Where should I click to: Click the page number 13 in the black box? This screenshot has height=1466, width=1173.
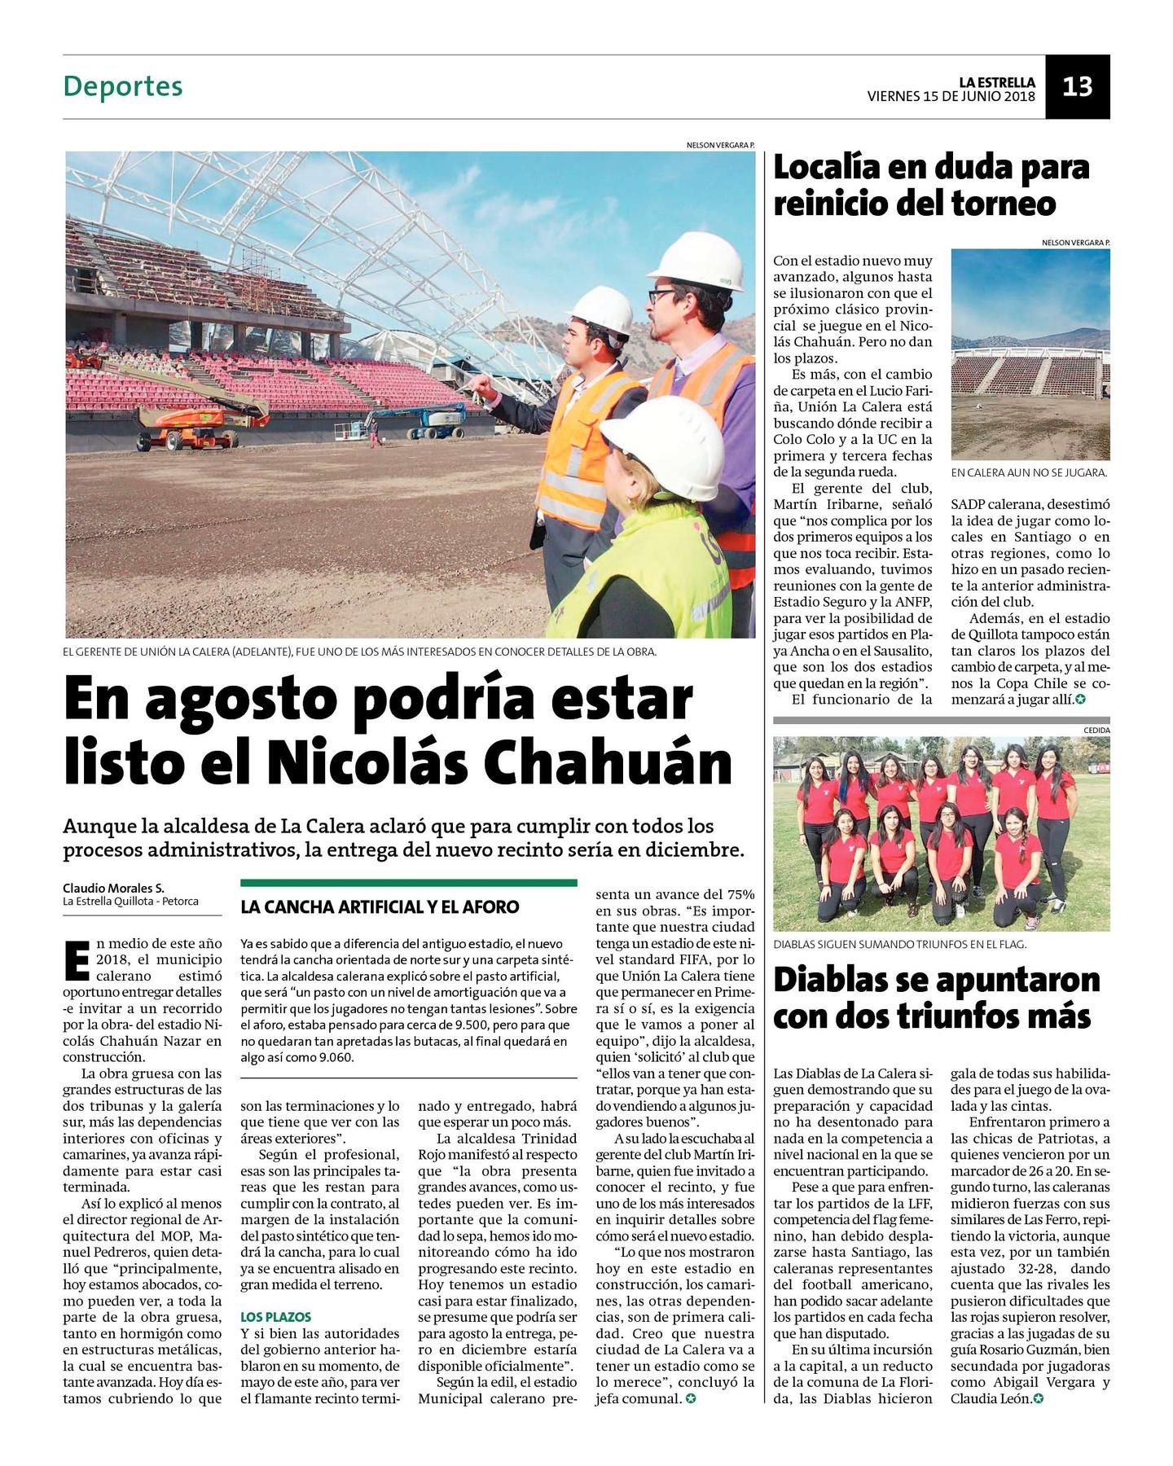[x=1077, y=86]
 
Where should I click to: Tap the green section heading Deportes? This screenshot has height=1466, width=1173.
[x=123, y=86]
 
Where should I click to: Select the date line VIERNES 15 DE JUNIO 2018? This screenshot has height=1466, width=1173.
[x=951, y=96]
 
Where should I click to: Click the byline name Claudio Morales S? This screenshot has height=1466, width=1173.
[x=113, y=888]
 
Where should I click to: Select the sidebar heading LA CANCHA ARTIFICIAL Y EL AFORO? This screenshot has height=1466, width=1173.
[x=380, y=906]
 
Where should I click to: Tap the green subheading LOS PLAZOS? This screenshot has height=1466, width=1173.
[x=275, y=1316]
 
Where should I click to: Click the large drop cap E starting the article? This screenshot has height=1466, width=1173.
[x=76, y=960]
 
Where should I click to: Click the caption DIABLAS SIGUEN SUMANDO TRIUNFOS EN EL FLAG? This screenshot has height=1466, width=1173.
[x=899, y=944]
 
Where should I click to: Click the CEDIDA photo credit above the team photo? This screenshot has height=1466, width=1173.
[x=1096, y=731]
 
